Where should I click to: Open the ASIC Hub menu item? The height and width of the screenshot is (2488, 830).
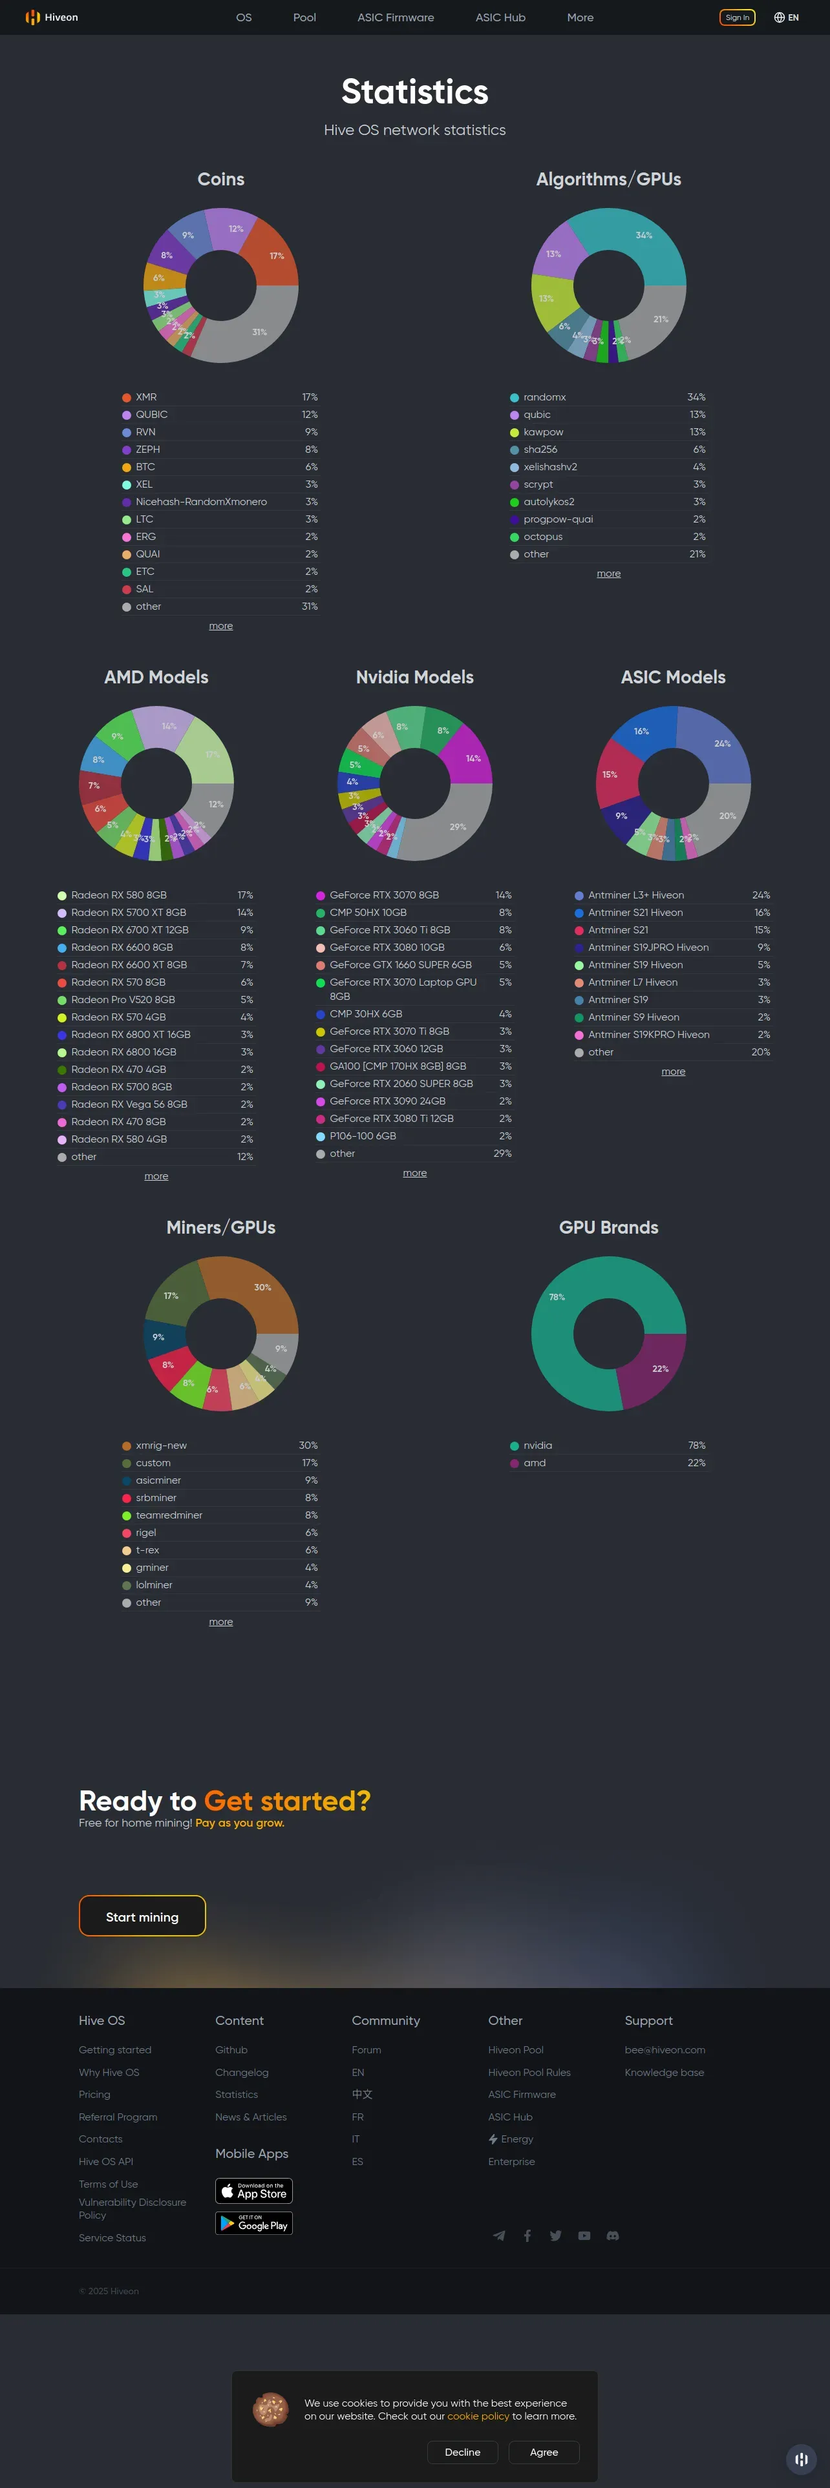click(500, 17)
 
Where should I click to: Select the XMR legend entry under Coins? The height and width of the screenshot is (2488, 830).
click(146, 397)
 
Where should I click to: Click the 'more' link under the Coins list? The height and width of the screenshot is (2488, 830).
click(220, 626)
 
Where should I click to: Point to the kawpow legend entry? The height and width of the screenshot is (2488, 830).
click(543, 431)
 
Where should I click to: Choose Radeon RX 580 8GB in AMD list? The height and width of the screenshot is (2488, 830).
click(118, 895)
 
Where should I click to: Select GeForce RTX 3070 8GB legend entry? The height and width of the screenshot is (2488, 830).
click(383, 895)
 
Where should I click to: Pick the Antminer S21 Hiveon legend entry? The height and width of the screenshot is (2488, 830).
click(635, 913)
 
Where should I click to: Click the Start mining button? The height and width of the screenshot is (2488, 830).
click(142, 1916)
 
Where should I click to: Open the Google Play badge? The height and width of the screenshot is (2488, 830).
click(253, 2223)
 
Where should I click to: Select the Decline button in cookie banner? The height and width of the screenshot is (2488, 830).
click(462, 2452)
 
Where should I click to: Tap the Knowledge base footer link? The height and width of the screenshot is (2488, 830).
click(664, 2073)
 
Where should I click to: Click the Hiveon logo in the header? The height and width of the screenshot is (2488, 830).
click(52, 17)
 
